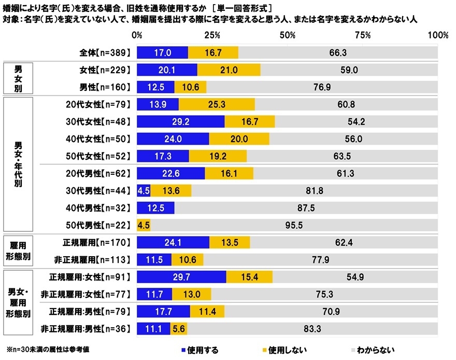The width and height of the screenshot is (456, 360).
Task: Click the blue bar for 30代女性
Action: coord(180,121)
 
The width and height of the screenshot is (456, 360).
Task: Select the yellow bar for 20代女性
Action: coord(217,104)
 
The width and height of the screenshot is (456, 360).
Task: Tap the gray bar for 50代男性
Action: coord(294,226)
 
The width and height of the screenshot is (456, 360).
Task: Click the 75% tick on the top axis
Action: coord(363,35)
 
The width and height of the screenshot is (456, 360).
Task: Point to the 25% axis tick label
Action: coord(212,35)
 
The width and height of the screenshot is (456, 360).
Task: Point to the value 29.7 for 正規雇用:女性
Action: coord(181,277)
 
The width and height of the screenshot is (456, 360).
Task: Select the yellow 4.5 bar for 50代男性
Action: coord(144,226)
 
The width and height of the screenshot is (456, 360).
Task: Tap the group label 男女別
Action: coord(18,78)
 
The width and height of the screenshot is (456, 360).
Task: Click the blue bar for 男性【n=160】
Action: coord(155,87)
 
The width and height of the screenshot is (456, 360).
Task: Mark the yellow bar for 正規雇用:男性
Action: coord(207,311)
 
